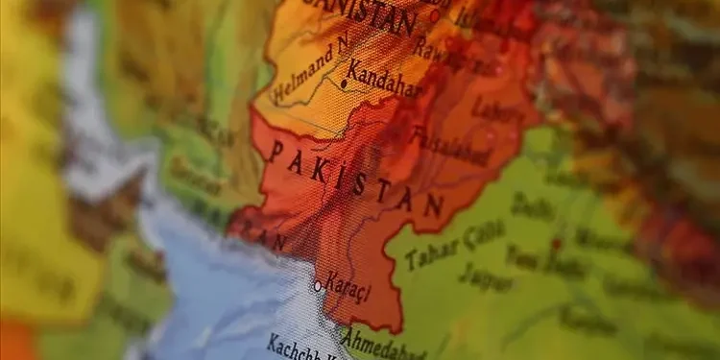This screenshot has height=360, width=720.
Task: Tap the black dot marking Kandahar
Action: [x=344, y=84]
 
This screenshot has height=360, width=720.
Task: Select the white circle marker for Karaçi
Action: [x=318, y=285]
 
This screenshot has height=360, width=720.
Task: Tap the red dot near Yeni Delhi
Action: [x=556, y=244]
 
